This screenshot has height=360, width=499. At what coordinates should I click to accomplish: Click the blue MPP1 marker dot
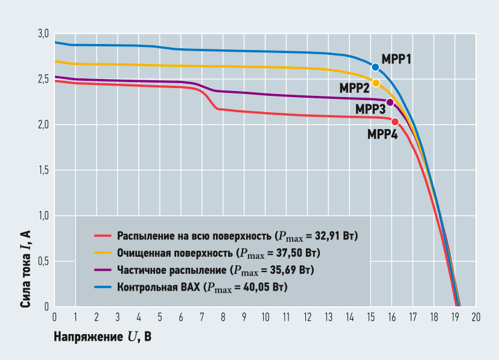(x=375, y=67)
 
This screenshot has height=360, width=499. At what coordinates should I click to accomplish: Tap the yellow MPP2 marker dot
(x=375, y=83)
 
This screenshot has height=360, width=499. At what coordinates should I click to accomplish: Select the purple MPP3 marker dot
(x=390, y=102)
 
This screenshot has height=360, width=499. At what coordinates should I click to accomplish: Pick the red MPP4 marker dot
(x=395, y=122)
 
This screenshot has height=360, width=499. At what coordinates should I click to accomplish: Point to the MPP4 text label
(x=383, y=134)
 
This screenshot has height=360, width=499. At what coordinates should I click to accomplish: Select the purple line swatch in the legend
(x=104, y=269)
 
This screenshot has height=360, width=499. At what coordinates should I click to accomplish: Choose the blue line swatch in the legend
(x=104, y=286)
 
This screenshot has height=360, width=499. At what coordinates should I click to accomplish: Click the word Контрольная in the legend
(x=143, y=287)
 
